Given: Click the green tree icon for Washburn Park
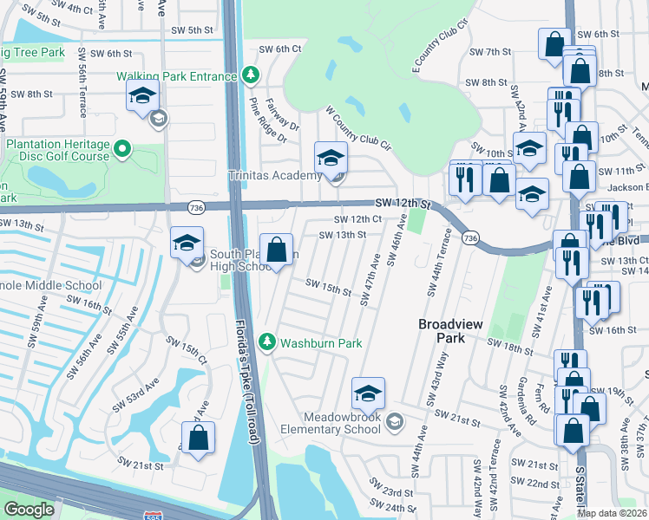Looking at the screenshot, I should (268, 343).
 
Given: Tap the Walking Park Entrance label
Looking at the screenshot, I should (177, 76).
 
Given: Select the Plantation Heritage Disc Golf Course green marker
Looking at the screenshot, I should (122, 149).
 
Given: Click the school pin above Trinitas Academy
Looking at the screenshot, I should (331, 158).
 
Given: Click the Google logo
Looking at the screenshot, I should (29, 510).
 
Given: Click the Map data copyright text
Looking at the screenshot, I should (611, 513).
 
